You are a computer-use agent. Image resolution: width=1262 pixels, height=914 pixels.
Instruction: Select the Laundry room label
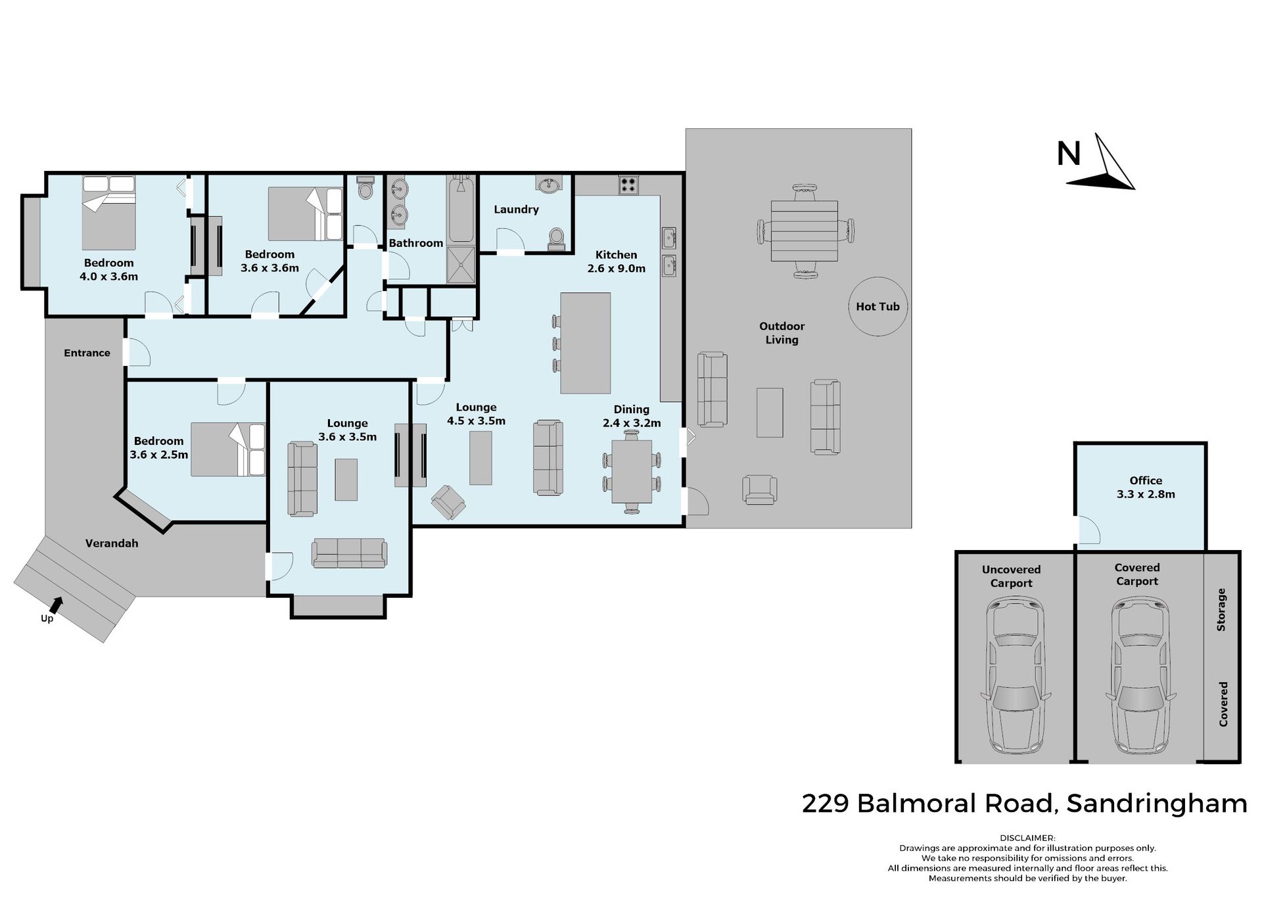pyautogui.click(x=516, y=210)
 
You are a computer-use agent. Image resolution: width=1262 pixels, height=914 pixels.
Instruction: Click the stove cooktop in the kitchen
pyautogui.click(x=628, y=185)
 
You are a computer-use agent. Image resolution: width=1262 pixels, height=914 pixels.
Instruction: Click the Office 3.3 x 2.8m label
pyautogui.click(x=1146, y=488)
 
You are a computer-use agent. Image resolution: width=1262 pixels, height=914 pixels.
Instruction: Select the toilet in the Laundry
pyautogui.click(x=556, y=239)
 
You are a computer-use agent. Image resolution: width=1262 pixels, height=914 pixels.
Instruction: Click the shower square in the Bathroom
pyautogui.click(x=461, y=265)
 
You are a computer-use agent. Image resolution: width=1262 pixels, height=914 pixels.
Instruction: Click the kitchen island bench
pyautogui.click(x=585, y=343)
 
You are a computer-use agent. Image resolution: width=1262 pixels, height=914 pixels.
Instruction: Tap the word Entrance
pyautogui.click(x=87, y=353)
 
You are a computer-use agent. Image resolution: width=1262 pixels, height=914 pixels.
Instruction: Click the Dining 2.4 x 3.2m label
pyautogui.click(x=632, y=416)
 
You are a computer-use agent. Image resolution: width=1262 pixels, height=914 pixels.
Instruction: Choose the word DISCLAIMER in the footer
pyautogui.click(x=1027, y=838)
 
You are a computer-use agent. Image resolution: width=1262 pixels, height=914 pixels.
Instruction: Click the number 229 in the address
pyautogui.click(x=826, y=803)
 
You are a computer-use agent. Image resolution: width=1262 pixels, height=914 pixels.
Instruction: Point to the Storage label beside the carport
pyautogui.click(x=1221, y=610)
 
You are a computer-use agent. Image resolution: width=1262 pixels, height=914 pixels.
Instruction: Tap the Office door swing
pyautogui.click(x=1088, y=530)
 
